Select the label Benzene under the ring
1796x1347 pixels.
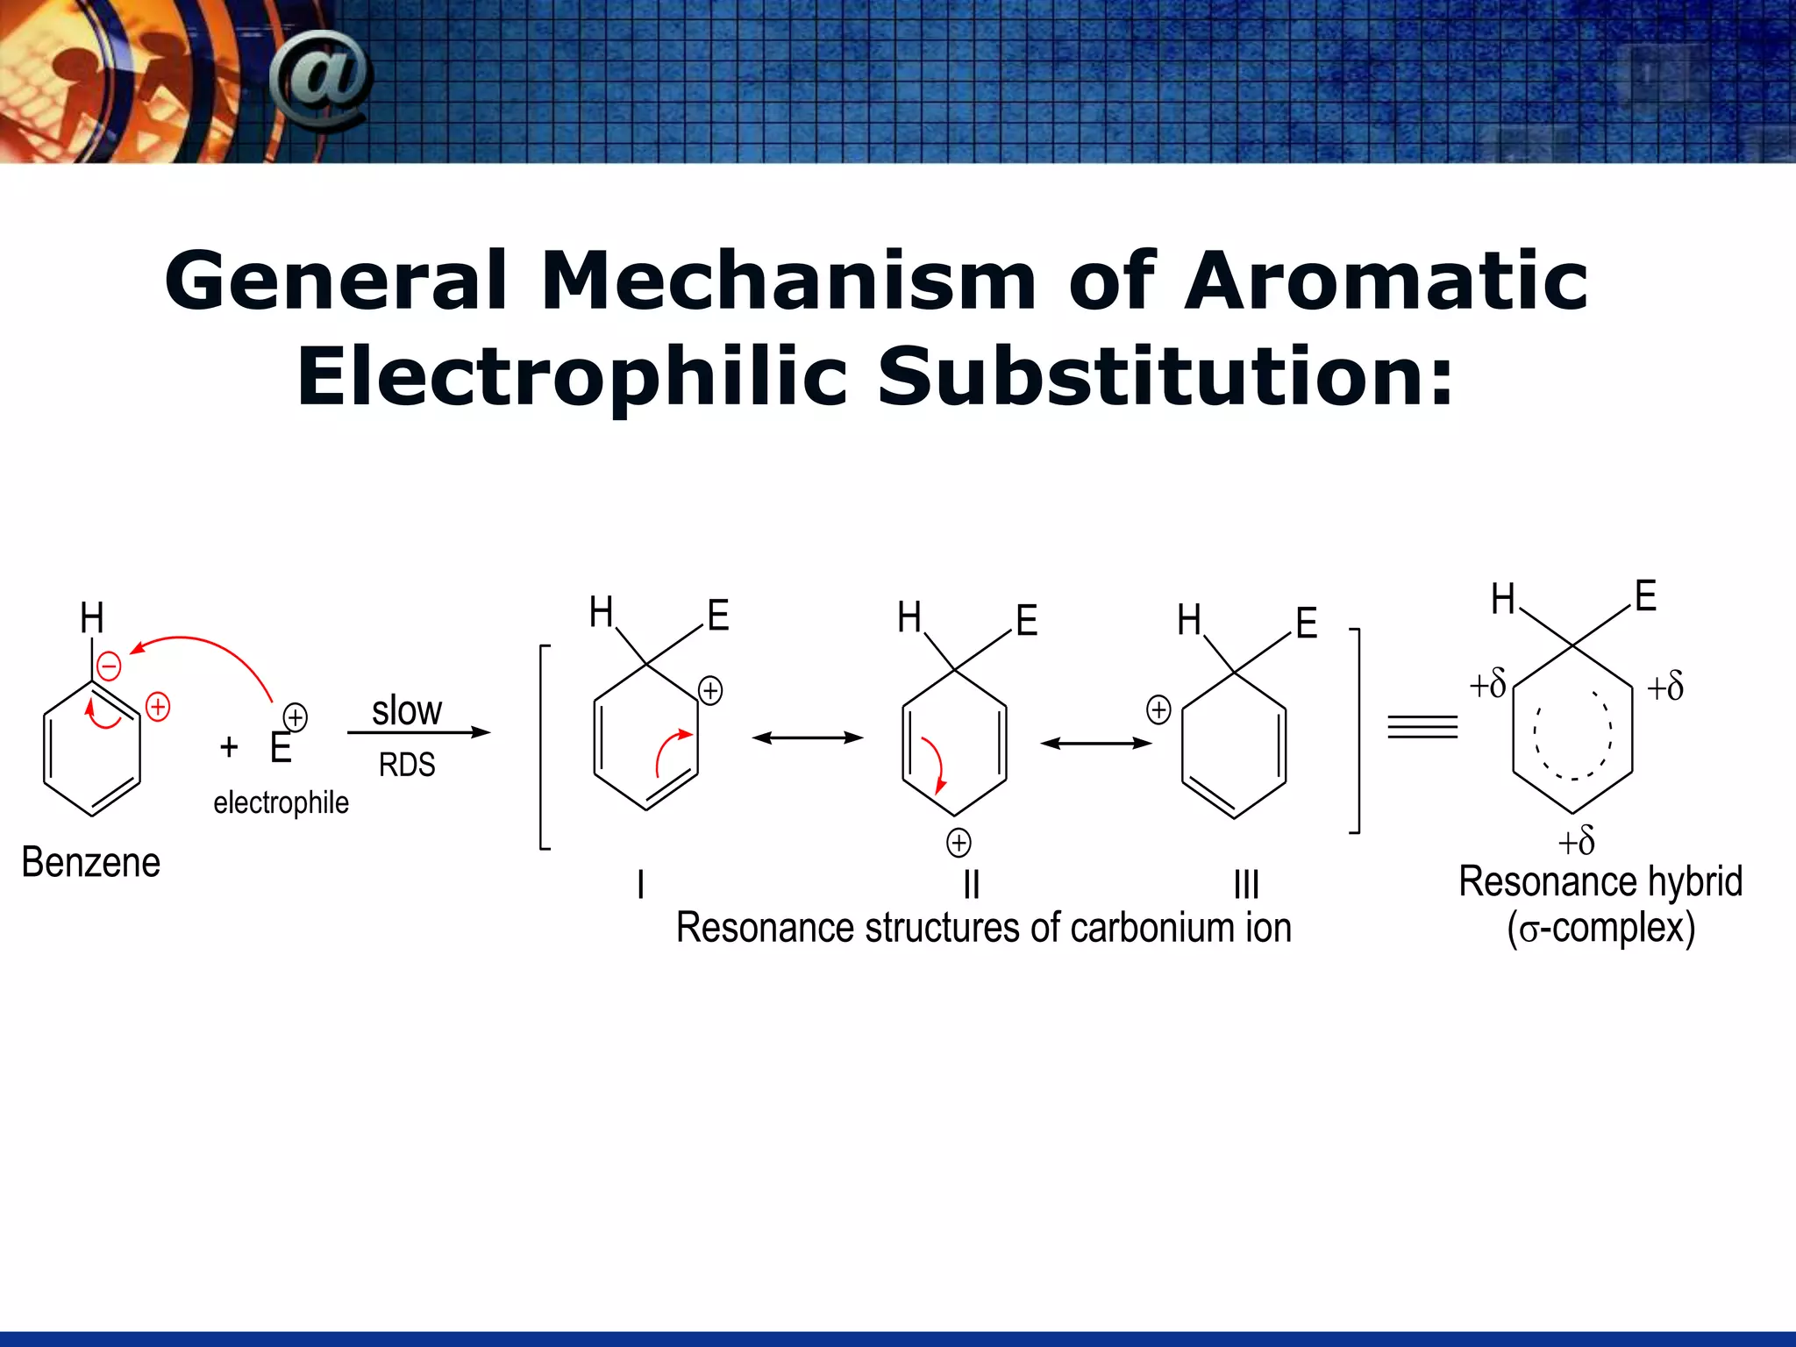click(x=91, y=863)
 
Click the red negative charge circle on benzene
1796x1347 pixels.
click(x=109, y=666)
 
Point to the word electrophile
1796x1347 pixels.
click(x=281, y=802)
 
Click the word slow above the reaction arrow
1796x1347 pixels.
click(x=407, y=710)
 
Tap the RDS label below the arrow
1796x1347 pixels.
click(x=407, y=765)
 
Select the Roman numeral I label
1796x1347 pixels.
click(x=641, y=884)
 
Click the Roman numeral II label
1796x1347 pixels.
click(x=971, y=884)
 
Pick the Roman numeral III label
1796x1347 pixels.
click(x=1246, y=884)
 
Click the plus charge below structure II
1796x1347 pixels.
click(x=959, y=843)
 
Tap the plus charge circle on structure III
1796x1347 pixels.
click(x=1158, y=709)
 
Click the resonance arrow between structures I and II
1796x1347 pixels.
click(x=808, y=738)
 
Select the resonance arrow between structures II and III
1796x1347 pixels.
click(x=1096, y=744)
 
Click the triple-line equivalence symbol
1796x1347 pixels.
click(x=1422, y=727)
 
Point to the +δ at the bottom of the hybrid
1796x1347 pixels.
click(x=1576, y=842)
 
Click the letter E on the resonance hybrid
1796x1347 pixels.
click(x=1645, y=596)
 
